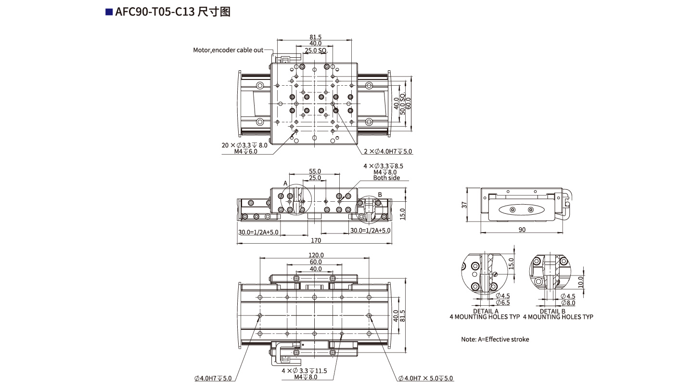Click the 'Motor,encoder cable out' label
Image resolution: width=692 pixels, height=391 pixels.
pos(228,50)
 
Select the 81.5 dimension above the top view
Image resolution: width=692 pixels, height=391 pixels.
pos(316,37)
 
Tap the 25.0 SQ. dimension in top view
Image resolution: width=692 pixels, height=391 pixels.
pos(316,50)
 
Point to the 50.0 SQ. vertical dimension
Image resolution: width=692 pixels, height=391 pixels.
pos(402,104)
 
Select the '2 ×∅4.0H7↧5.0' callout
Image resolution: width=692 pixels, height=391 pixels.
pos(388,151)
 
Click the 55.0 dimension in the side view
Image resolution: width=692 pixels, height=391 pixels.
pos(315,171)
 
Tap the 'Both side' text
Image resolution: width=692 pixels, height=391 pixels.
pos(386,178)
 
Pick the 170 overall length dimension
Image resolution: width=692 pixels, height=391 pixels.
pos(316,240)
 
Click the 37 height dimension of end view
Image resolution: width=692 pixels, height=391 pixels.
pos(464,205)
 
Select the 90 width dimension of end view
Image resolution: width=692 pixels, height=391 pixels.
pos(522,230)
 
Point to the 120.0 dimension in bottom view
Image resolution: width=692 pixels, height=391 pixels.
pos(316,255)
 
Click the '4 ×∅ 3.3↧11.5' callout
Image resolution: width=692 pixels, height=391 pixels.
pos(304,371)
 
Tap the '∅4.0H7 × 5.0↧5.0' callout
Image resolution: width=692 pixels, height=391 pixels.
pos(426,378)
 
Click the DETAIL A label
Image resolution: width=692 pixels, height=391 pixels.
pos(486,312)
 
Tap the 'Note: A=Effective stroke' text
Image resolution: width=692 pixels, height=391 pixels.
pos(495,339)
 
